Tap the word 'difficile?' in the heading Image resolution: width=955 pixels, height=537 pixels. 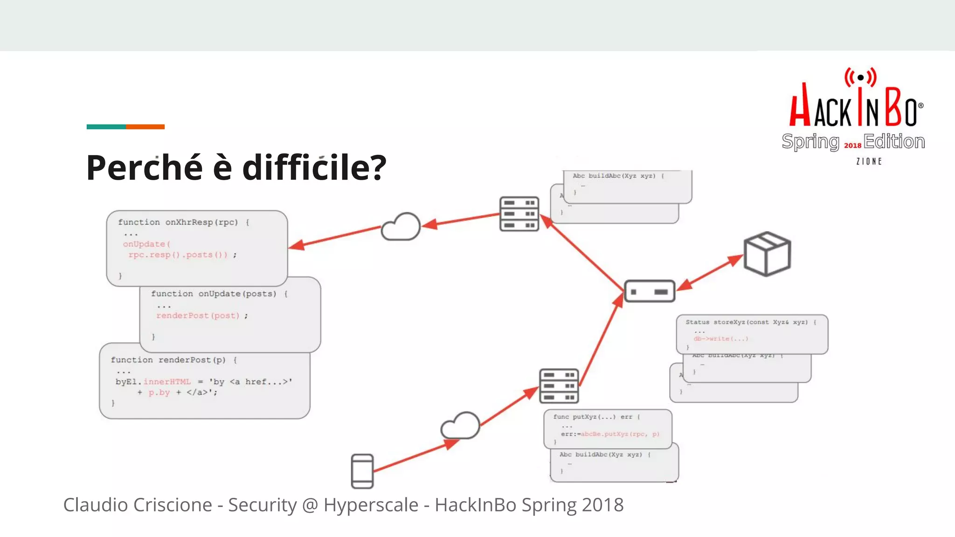click(314, 168)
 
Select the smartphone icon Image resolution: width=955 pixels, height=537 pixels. click(362, 471)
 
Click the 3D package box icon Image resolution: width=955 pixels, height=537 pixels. click(767, 254)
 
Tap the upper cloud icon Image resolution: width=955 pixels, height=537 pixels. click(401, 227)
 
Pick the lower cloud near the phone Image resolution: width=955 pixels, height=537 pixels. click(461, 426)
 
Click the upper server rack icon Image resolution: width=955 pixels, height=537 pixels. click(519, 214)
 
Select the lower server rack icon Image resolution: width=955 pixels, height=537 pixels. click(559, 386)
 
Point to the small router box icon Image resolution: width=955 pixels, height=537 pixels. click(650, 291)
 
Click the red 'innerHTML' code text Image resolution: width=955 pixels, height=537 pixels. click(167, 382)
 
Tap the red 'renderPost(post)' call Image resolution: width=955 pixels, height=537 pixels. click(198, 316)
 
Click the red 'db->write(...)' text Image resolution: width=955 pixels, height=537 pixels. click(720, 339)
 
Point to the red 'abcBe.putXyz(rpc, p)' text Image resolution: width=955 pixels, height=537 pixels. click(620, 434)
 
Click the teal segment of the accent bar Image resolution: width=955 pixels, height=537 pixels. click(106, 127)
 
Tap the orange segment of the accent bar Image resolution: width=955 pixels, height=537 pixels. click(145, 127)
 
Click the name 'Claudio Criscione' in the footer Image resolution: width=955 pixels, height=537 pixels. click(138, 505)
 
